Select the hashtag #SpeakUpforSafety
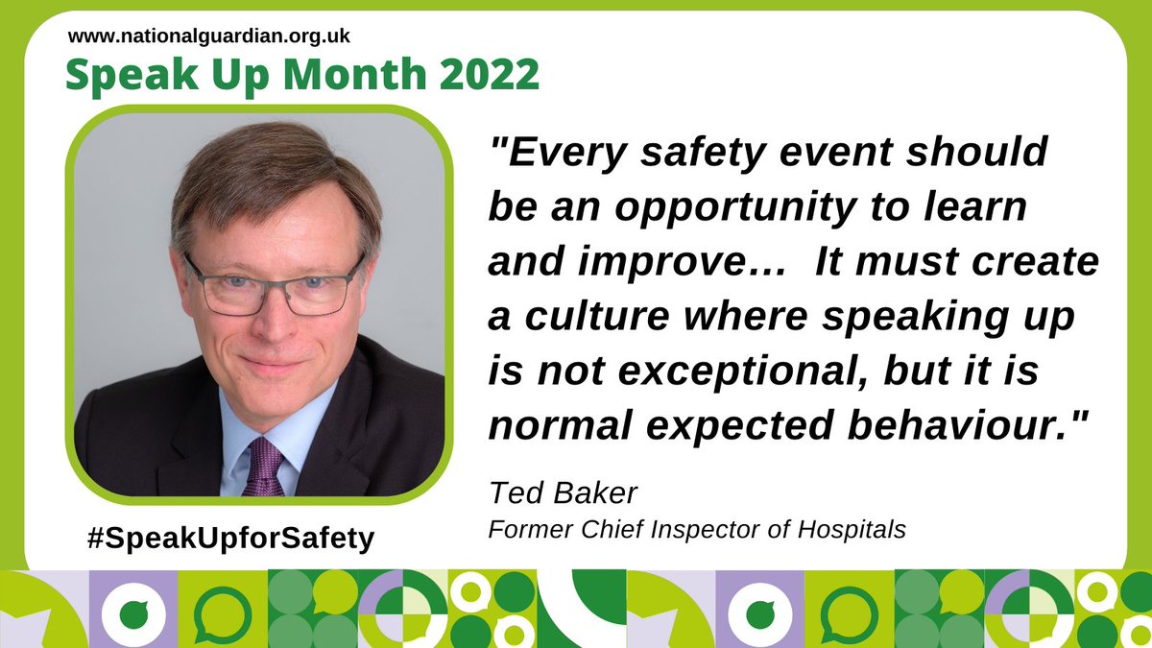pyautogui.click(x=228, y=539)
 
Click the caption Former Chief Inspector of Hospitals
pyautogui.click(x=697, y=529)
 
